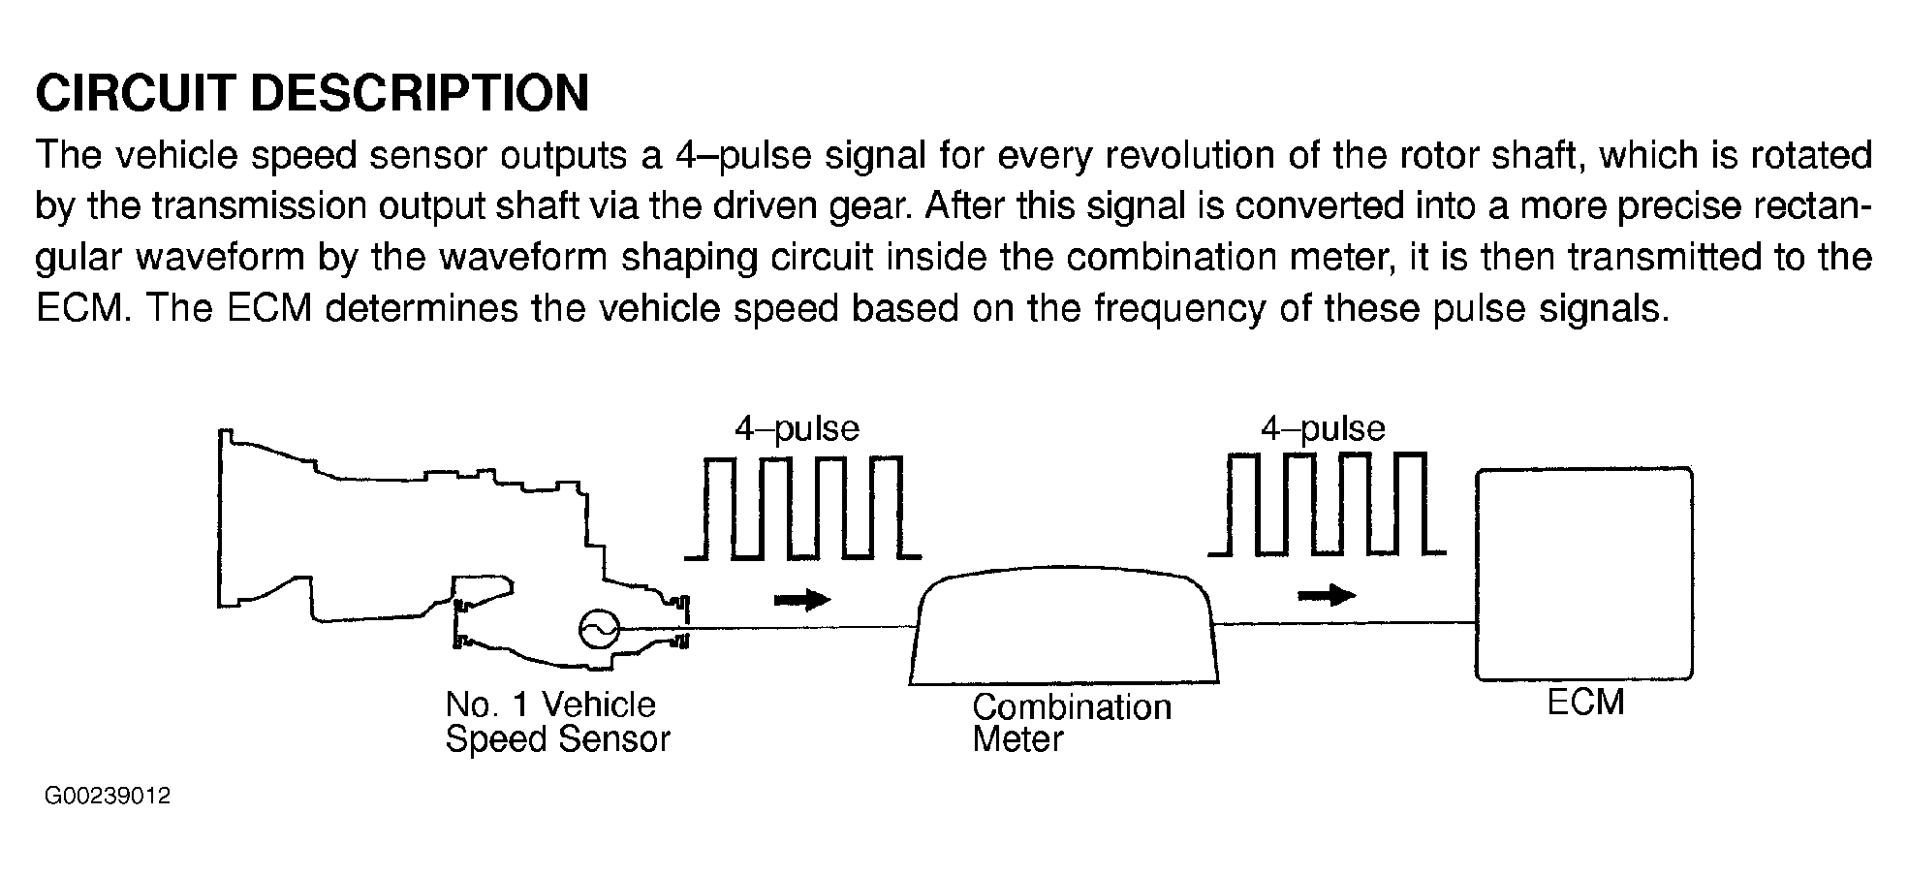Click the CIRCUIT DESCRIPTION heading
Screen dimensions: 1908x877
pos(312,93)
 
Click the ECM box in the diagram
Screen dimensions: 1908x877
pos(1583,574)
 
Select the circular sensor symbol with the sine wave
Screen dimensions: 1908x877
pos(598,630)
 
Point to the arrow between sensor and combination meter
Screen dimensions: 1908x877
pos(802,600)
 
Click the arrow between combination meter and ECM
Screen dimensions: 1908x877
pos(1326,594)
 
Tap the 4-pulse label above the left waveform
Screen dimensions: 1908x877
pos(797,428)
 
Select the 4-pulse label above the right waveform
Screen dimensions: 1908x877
pos(1322,428)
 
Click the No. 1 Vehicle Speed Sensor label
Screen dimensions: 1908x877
pos(557,721)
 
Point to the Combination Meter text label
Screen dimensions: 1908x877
pos(1071,723)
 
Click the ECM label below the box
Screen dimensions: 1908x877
pos(1584,703)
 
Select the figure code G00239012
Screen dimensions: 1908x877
pos(108,797)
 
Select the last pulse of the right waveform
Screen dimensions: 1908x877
pos(1411,503)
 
